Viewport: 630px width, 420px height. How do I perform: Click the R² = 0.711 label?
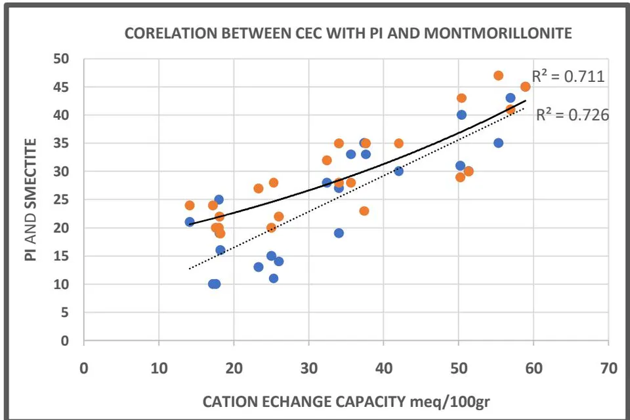pos(568,76)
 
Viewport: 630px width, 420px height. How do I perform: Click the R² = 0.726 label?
pos(573,115)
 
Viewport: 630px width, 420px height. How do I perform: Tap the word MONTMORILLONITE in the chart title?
pos(498,33)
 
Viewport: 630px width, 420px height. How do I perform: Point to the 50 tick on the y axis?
pos(62,59)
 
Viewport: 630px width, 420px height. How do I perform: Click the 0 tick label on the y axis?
pos(65,341)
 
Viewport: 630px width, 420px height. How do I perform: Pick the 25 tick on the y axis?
pos(62,200)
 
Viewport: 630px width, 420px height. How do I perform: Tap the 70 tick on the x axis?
pos(609,368)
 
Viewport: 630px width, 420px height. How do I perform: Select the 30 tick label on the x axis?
pos(309,368)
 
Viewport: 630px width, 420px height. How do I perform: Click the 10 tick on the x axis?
pos(159,368)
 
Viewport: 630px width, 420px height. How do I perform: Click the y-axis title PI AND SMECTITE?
pos(31,200)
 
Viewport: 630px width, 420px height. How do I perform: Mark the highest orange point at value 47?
pos(498,75)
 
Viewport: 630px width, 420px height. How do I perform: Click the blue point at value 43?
pos(511,98)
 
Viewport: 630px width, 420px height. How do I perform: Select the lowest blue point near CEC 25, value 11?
pos(274,278)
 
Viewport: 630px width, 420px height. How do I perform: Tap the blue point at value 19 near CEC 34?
pos(339,233)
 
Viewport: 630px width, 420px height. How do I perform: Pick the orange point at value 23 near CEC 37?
pos(364,211)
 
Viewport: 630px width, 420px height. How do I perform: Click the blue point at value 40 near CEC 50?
pos(461,115)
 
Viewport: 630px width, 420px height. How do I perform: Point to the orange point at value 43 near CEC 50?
pos(461,98)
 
